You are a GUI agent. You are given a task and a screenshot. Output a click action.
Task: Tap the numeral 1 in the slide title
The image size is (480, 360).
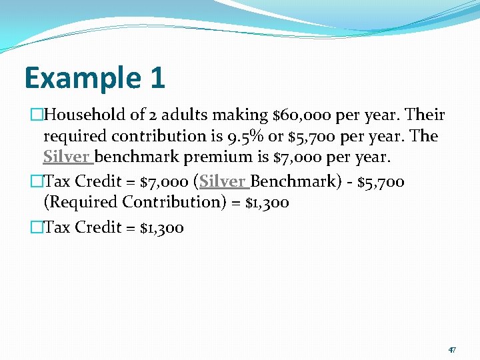tap(157, 78)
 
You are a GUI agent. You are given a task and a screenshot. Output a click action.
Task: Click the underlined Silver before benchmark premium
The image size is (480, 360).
tap(67, 158)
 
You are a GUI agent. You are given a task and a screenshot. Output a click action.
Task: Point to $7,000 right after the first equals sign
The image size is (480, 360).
tap(163, 181)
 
